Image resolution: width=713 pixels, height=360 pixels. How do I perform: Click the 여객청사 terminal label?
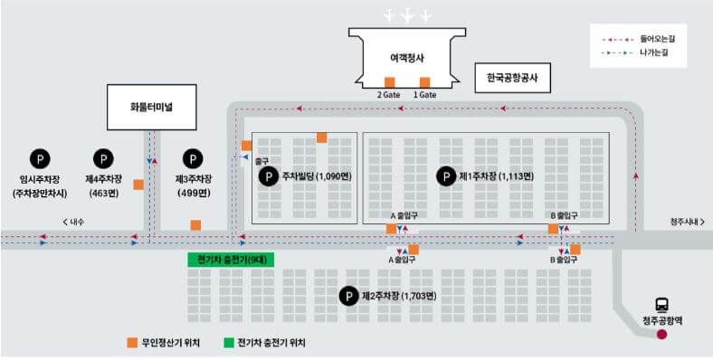(407, 57)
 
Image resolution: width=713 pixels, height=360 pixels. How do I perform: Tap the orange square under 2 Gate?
(390, 82)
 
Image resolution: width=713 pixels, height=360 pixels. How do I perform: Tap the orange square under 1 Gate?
(424, 82)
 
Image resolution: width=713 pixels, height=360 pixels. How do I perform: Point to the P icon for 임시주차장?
(39, 158)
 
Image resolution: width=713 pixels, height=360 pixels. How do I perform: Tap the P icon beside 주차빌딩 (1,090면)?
(269, 176)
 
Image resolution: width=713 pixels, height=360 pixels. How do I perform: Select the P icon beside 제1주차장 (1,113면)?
(445, 176)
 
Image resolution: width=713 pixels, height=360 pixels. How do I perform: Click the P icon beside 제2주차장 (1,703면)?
(347, 296)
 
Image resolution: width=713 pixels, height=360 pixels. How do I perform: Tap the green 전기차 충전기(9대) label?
(231, 260)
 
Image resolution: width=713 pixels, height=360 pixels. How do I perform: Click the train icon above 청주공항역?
(662, 305)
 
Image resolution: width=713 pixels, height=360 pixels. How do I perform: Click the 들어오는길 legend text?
(657, 40)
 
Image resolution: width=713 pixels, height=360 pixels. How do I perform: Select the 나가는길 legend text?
(653, 53)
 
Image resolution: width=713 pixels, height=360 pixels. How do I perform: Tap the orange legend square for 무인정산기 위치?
(132, 343)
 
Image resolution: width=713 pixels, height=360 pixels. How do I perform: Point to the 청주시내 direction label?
(685, 221)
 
